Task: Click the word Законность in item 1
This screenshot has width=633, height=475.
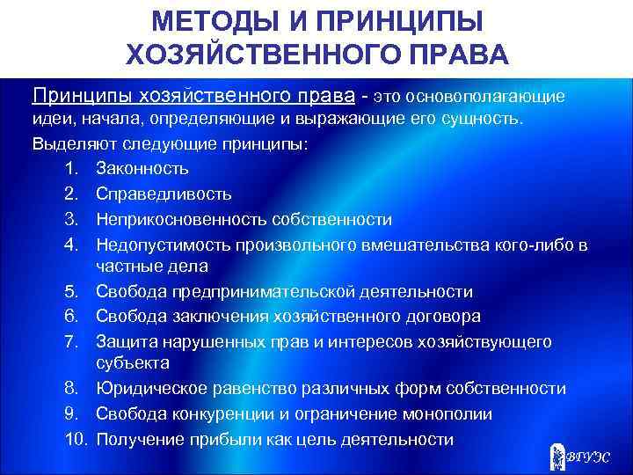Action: click(x=142, y=168)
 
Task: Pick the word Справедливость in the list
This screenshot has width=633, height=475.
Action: click(x=164, y=194)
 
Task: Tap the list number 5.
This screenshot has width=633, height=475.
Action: click(x=74, y=291)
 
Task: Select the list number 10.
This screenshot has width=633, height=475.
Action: click(x=76, y=439)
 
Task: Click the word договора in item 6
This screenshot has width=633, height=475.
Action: click(x=442, y=316)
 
